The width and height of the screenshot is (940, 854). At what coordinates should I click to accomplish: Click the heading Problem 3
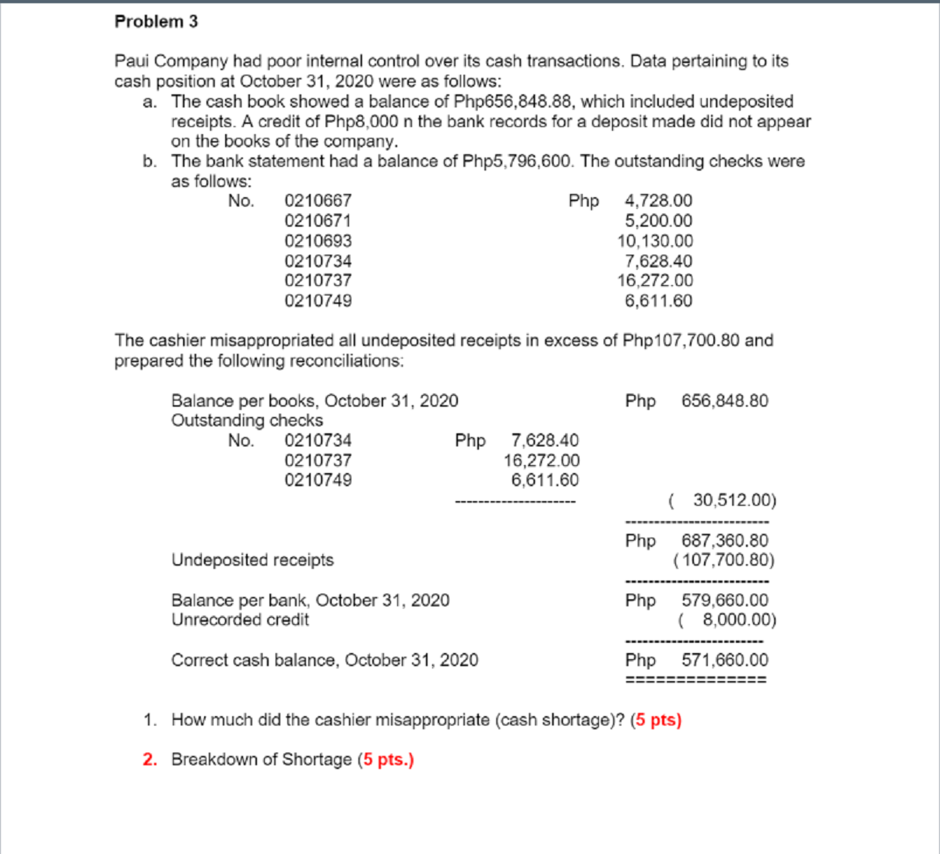[x=156, y=22]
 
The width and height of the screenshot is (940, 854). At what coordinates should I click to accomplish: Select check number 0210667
[x=318, y=201]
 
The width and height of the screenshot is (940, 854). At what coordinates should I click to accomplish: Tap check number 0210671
[x=318, y=221]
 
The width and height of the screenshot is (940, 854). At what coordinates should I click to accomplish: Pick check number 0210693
[x=318, y=242]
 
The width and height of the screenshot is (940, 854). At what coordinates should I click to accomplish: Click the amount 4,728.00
[x=658, y=201]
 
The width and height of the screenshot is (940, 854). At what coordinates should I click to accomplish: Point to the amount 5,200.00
[x=658, y=221]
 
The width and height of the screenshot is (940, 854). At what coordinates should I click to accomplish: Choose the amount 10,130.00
[x=655, y=242]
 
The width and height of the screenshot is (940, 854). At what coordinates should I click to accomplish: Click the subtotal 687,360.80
[x=724, y=540]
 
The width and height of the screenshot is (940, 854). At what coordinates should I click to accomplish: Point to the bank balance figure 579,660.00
[x=724, y=600]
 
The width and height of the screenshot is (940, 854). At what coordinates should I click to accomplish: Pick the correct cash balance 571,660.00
[x=724, y=660]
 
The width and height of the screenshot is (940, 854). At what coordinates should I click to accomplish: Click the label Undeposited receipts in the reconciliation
[x=252, y=560]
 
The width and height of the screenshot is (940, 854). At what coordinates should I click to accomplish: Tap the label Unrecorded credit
[x=240, y=620]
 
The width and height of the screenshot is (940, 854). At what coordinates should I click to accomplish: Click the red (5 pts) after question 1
[x=656, y=720]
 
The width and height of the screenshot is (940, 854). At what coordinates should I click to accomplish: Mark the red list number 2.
[x=150, y=760]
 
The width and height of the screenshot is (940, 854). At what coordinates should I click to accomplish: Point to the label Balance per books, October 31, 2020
[x=315, y=401]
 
